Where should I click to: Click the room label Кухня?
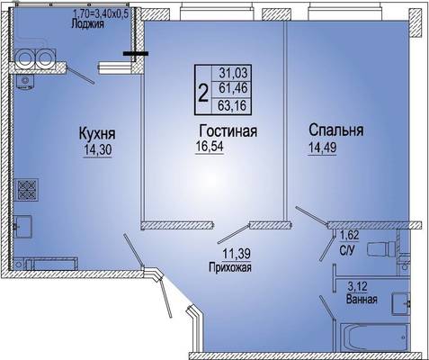tap(97, 134)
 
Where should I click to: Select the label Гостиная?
tap(228, 130)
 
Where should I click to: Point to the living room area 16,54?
tap(210, 147)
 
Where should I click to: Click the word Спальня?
tap(336, 130)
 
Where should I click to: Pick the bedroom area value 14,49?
tap(322, 148)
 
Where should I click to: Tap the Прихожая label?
tap(230, 267)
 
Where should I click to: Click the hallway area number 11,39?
tap(237, 254)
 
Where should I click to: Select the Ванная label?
tap(362, 299)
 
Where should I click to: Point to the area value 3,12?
tap(357, 287)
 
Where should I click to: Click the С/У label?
tap(347, 250)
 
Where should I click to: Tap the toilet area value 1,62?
tap(349, 235)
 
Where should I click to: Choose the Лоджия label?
tap(87, 23)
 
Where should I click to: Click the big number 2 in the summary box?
tap(203, 93)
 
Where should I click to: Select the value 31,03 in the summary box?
tap(234, 73)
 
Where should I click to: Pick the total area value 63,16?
tap(232, 105)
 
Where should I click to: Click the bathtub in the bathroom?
tap(375, 337)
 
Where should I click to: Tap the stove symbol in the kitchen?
tap(27, 190)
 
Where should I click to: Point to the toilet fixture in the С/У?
tap(381, 248)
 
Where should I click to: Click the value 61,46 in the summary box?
tap(233, 88)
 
